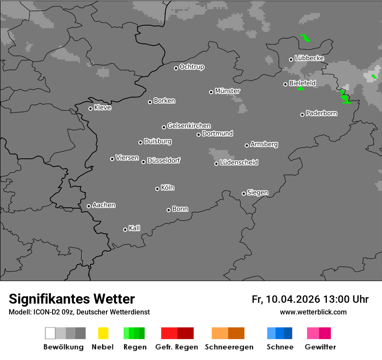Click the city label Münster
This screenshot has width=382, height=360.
(x=227, y=91)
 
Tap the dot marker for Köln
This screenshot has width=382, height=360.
(x=157, y=189)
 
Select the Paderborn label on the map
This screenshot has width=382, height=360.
(x=322, y=114)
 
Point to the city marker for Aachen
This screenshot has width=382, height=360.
(x=89, y=206)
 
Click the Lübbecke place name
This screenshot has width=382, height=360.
(x=310, y=58)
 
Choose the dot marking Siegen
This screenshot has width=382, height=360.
(x=244, y=193)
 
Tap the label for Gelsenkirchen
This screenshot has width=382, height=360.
(x=189, y=126)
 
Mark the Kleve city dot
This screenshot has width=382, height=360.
(x=90, y=108)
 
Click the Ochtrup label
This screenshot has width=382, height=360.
(x=192, y=67)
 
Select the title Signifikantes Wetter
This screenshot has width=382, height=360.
(x=72, y=299)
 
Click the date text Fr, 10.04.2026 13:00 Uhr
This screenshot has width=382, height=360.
(x=310, y=299)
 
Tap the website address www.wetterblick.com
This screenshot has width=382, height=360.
(x=313, y=312)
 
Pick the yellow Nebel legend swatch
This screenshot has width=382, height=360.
(x=103, y=333)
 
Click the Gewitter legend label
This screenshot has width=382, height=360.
(x=320, y=347)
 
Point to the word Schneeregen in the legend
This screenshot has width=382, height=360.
(x=229, y=347)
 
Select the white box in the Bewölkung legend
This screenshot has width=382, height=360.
(x=50, y=333)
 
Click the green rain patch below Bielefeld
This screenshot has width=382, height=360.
(x=300, y=88)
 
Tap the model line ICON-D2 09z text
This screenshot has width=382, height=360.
(x=79, y=312)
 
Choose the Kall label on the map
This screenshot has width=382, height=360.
(x=135, y=228)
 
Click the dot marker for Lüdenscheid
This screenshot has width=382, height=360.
(x=216, y=164)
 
